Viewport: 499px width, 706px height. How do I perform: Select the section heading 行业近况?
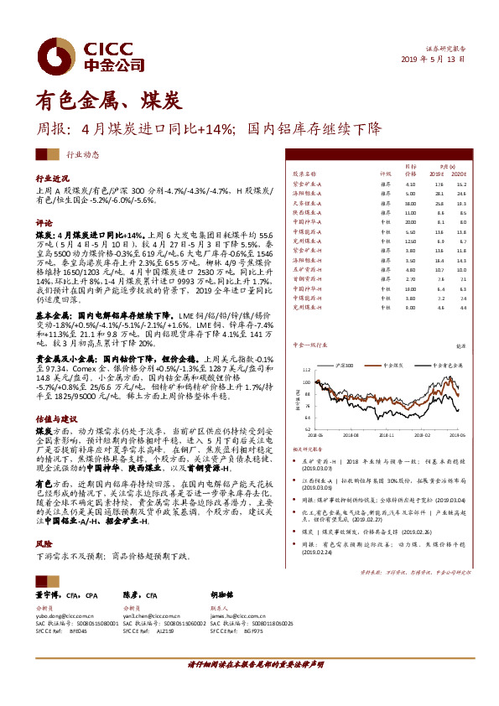51,179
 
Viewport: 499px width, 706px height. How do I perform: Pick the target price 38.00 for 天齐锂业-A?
410,202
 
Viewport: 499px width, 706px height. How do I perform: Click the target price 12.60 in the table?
410,241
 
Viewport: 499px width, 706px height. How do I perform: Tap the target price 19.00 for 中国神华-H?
410,288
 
